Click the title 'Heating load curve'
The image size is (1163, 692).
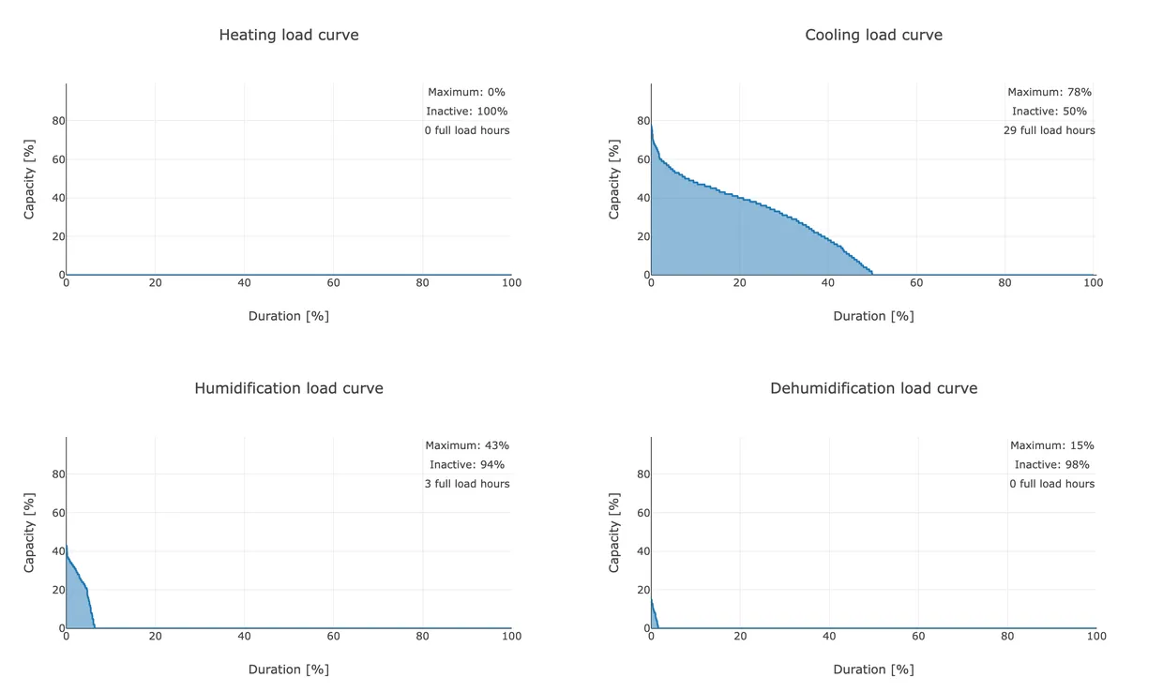288,35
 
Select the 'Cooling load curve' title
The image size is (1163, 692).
873,35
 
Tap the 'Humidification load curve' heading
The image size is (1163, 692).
288,388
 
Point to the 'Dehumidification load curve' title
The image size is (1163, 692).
873,388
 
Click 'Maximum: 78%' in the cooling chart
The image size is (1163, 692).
1049,92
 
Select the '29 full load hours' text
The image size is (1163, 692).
1049,130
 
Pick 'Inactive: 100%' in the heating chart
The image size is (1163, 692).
466,112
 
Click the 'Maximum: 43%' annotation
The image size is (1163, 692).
466,445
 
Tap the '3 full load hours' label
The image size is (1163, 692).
466,484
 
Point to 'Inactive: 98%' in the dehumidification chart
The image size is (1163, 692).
1051,465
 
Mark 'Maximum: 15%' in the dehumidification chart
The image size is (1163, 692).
1051,445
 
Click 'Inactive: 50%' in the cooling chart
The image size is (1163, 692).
1049,112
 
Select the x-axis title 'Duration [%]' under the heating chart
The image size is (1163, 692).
288,316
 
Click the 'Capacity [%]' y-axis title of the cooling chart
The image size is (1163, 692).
614,179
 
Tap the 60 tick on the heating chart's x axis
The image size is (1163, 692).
333,283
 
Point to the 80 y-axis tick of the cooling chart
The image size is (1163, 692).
642,121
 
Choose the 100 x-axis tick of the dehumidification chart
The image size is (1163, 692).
1095,637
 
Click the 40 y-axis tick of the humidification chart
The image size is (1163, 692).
57,551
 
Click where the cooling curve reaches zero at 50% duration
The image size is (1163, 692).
872,274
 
